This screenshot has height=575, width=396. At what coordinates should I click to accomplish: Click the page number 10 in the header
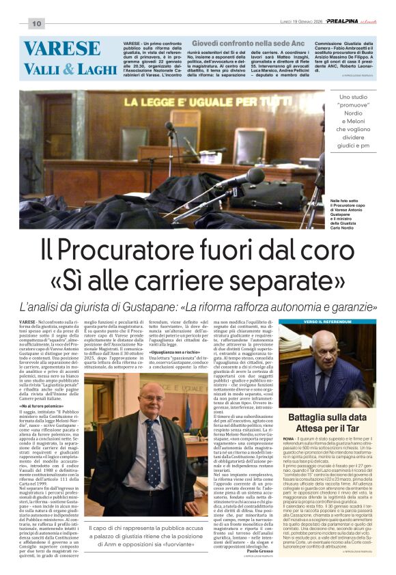pyautogui.click(x=36, y=24)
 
